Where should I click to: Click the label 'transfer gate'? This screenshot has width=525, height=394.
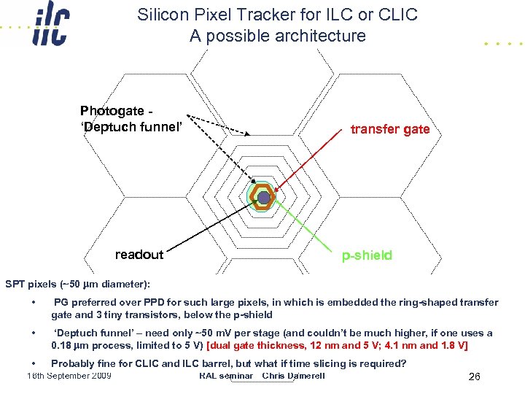(390, 129)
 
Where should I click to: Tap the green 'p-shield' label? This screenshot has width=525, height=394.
(367, 255)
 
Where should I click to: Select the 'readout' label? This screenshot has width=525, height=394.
(139, 255)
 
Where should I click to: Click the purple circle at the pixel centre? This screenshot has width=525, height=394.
(264, 197)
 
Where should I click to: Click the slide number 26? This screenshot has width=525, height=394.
(474, 377)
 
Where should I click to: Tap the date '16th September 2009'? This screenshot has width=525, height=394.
(69, 376)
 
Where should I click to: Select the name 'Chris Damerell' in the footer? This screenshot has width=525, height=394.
(293, 376)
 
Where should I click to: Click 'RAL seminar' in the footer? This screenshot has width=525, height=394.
(225, 376)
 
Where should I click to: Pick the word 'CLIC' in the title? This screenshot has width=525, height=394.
(398, 15)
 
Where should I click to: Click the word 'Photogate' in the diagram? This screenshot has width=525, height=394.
(112, 111)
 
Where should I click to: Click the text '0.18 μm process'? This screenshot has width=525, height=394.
(91, 344)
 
